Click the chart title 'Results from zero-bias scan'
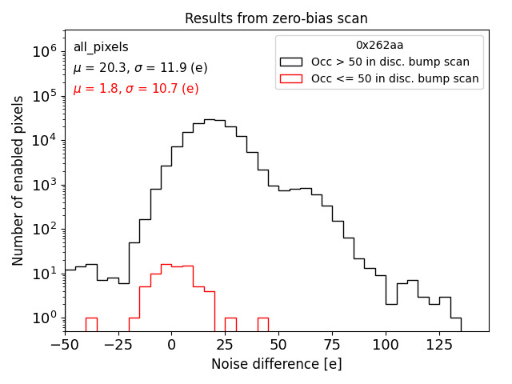pos(276,18)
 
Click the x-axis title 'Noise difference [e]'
pos(276,364)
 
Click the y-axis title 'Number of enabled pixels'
pos(18,181)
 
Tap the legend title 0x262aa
pos(379,45)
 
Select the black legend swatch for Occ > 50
pos(292,62)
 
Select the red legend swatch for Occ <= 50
pos(292,78)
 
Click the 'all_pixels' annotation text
pos(101,47)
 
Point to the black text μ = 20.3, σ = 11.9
pos(140,68)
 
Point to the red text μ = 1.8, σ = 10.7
pos(136,89)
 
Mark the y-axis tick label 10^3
pos(42,185)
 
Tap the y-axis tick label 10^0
pos(42,318)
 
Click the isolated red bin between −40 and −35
pos(91,324)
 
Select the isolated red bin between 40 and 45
pos(262,324)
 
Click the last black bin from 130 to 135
pos(455,324)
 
